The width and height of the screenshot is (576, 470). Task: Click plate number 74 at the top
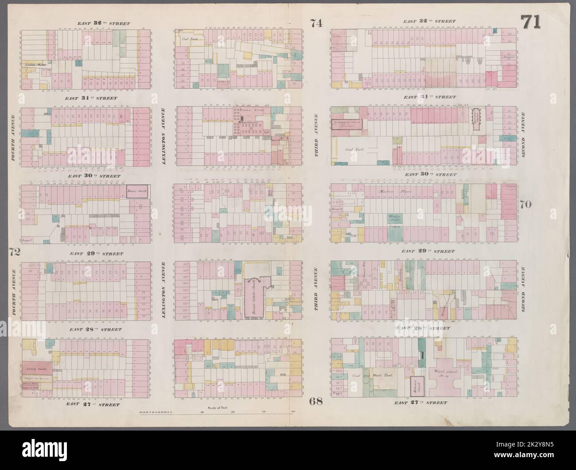[316, 24]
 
